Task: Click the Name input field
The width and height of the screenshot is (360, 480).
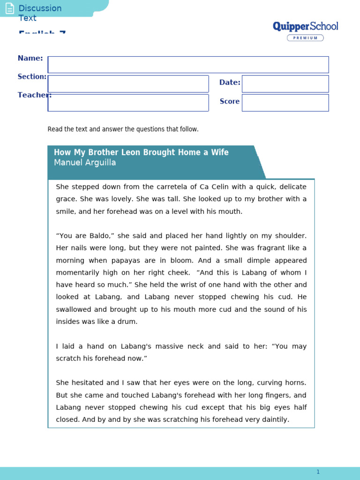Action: pos(188,65)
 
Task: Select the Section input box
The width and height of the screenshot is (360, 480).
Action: pos(128,84)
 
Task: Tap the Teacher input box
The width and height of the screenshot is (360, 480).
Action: pos(128,103)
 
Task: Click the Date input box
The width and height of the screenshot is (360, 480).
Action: pos(285,84)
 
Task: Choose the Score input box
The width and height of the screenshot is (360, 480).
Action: pos(285,103)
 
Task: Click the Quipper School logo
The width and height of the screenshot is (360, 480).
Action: pos(305,26)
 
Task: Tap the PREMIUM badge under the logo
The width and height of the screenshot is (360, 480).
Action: pos(305,38)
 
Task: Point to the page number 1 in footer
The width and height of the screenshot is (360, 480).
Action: pos(318,472)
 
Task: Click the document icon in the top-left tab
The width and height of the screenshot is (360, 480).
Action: pos(9,8)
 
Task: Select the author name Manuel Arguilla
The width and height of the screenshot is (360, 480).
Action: pos(85,163)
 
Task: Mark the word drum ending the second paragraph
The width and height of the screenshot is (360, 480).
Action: pos(129,322)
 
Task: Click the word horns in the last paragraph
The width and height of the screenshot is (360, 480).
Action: pos(295,382)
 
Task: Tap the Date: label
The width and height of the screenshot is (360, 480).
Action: pos(230,82)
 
